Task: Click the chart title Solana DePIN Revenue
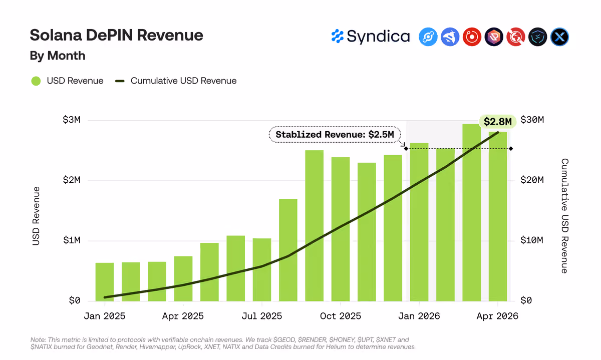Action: [x=116, y=35]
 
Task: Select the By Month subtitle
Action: [x=58, y=56]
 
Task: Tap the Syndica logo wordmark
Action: [x=371, y=37]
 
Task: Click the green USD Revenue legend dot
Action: [x=36, y=81]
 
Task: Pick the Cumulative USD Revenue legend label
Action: [x=183, y=81]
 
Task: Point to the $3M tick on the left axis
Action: [x=71, y=120]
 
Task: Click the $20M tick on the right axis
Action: [x=532, y=180]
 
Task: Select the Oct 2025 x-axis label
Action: [x=341, y=316]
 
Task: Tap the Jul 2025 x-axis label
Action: [x=262, y=316]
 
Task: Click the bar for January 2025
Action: [x=105, y=282]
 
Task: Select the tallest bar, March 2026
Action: [x=472, y=212]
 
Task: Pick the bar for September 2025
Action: [x=315, y=226]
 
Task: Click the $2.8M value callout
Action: [x=498, y=122]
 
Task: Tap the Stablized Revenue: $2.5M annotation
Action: [x=335, y=134]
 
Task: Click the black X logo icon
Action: [x=559, y=37]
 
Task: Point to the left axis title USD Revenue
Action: [x=36, y=216]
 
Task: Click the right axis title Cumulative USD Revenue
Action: [x=565, y=216]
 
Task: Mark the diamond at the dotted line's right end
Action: [x=511, y=149]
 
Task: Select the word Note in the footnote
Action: [x=38, y=339]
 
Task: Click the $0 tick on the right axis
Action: [x=526, y=300]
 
